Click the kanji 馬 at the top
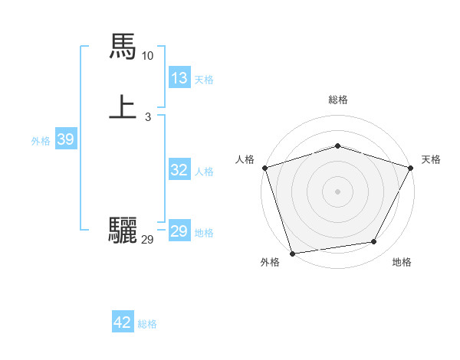pos(123,46)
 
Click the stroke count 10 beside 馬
pos(148,56)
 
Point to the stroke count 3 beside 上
pos(147,117)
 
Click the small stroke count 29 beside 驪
pos(148,240)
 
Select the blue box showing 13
pos(179,78)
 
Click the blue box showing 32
pos(179,170)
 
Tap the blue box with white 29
pos(179,231)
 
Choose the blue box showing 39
pos(65,139)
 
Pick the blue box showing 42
pos(123,322)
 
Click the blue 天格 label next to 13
pos(204,80)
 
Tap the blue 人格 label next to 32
pos(204,172)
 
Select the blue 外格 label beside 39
pos(41,141)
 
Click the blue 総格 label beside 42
pos(147,324)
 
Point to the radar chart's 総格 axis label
pos(337,100)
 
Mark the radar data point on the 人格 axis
pos(264,168)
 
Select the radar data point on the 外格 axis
pos(292,253)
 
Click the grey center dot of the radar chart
pos(337,191)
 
